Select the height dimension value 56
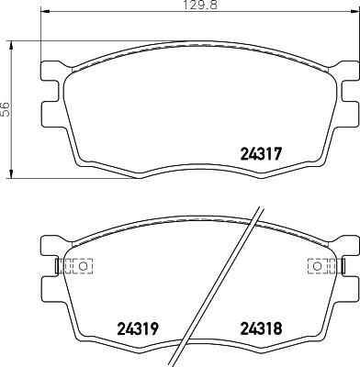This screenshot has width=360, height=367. pyautogui.click(x=6, y=108)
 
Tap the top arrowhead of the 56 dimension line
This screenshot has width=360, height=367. pyautogui.click(x=11, y=42)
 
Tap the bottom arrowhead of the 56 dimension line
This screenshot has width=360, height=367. pyautogui.click(x=11, y=174)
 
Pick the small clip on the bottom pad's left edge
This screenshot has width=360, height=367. pyautogui.click(x=57, y=267)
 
